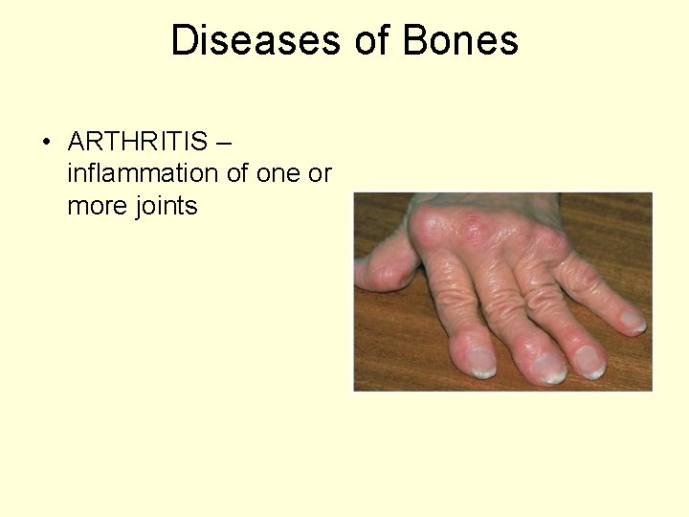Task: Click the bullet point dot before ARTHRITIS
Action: pos(46,144)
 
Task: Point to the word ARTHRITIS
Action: pos(138,143)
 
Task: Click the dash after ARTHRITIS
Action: pos(224,143)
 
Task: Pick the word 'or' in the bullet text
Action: pos(322,174)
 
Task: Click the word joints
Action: pos(166,206)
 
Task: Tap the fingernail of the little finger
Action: pos(633,320)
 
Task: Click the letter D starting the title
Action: pos(183,40)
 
